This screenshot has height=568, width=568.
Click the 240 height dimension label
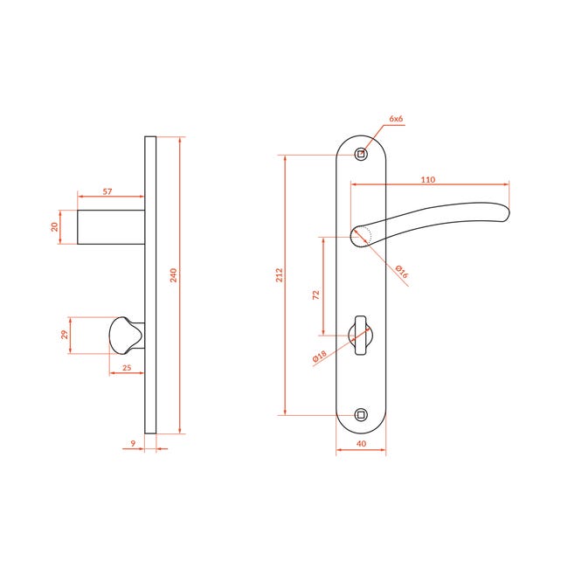174,275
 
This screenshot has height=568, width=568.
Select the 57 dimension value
107,191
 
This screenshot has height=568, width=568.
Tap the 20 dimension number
54,227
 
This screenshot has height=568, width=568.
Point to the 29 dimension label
65,335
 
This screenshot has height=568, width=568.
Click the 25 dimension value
127,368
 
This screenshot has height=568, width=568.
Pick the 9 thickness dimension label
133,443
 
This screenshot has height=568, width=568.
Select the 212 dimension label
279,275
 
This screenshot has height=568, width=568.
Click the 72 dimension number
315,294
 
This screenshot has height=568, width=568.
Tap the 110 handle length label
428,180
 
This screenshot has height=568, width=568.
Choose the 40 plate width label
361,443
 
